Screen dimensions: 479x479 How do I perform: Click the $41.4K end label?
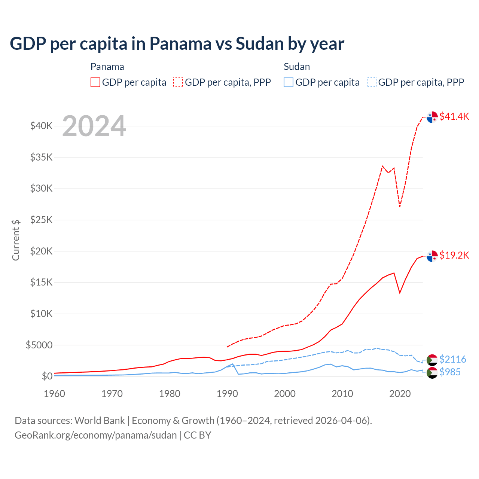[454, 116]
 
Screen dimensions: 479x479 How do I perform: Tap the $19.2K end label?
[454, 255]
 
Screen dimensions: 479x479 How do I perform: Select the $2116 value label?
[452, 359]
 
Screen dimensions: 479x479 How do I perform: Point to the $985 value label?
[450, 372]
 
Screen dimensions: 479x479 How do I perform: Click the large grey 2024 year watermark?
[94, 126]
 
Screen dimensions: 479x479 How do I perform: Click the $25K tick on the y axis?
[41, 220]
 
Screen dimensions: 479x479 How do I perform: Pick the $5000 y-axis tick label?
[39, 345]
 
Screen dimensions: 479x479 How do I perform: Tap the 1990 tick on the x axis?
[227, 394]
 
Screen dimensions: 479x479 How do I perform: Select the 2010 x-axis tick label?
[342, 394]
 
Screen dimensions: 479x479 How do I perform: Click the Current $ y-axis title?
[16, 240]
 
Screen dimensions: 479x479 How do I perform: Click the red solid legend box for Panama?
[95, 82]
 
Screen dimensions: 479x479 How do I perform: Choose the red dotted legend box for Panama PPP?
[178, 82]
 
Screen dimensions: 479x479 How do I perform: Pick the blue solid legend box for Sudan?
[289, 82]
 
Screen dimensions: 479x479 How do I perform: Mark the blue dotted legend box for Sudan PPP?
[372, 82]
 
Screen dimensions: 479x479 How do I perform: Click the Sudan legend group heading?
[297, 67]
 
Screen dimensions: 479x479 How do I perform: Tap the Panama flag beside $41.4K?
[432, 117]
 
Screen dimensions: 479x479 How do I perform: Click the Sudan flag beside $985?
[432, 373]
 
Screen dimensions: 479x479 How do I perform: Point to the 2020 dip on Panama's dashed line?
[400, 206]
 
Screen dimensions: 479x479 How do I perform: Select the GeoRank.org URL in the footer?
[96, 435]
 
